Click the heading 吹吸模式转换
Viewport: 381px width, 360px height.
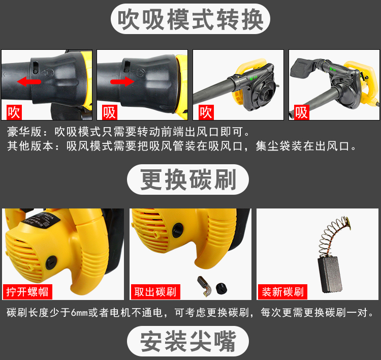click(x=190, y=19)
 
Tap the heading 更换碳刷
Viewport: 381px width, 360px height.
click(x=188, y=179)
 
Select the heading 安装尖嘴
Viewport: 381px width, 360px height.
click(x=188, y=341)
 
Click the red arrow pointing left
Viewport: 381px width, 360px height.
click(x=29, y=81)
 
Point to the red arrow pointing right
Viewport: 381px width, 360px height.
click(x=122, y=81)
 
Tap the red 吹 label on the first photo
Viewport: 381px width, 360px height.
click(x=14, y=112)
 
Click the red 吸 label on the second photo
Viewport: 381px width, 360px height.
click(x=109, y=112)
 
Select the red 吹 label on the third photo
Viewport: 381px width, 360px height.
click(x=206, y=112)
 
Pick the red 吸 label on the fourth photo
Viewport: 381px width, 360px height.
click(x=302, y=112)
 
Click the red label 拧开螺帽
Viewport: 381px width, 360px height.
click(x=27, y=292)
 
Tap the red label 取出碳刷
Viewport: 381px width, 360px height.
click(x=155, y=292)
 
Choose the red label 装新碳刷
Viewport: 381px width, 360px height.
click(x=282, y=292)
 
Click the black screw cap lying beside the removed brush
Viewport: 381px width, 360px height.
click(x=221, y=288)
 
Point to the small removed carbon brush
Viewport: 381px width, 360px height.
click(x=205, y=286)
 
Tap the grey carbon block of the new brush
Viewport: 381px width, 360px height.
click(x=330, y=274)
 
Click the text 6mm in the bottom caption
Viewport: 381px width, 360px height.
click(x=79, y=313)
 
